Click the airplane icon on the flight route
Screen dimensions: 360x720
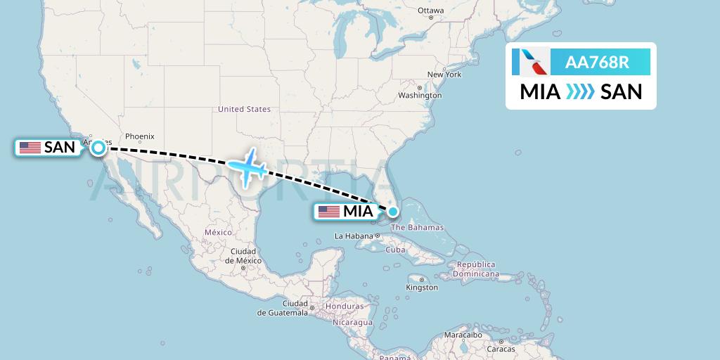click(x=247, y=167)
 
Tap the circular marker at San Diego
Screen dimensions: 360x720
click(x=98, y=148)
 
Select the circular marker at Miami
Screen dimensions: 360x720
click(x=393, y=210)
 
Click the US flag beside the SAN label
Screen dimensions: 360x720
click(x=30, y=148)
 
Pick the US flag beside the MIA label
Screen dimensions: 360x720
click(x=328, y=211)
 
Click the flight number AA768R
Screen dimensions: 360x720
click(x=598, y=63)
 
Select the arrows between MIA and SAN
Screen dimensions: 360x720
click(x=580, y=91)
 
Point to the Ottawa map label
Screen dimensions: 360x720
click(x=430, y=11)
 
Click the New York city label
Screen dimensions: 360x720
click(x=444, y=74)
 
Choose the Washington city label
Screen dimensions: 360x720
click(x=420, y=95)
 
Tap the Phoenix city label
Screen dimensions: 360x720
click(x=139, y=136)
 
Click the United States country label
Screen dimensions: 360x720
click(x=244, y=109)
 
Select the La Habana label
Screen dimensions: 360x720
click(x=352, y=236)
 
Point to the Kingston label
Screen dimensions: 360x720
click(x=422, y=288)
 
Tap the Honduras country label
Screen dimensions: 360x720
click(x=345, y=307)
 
